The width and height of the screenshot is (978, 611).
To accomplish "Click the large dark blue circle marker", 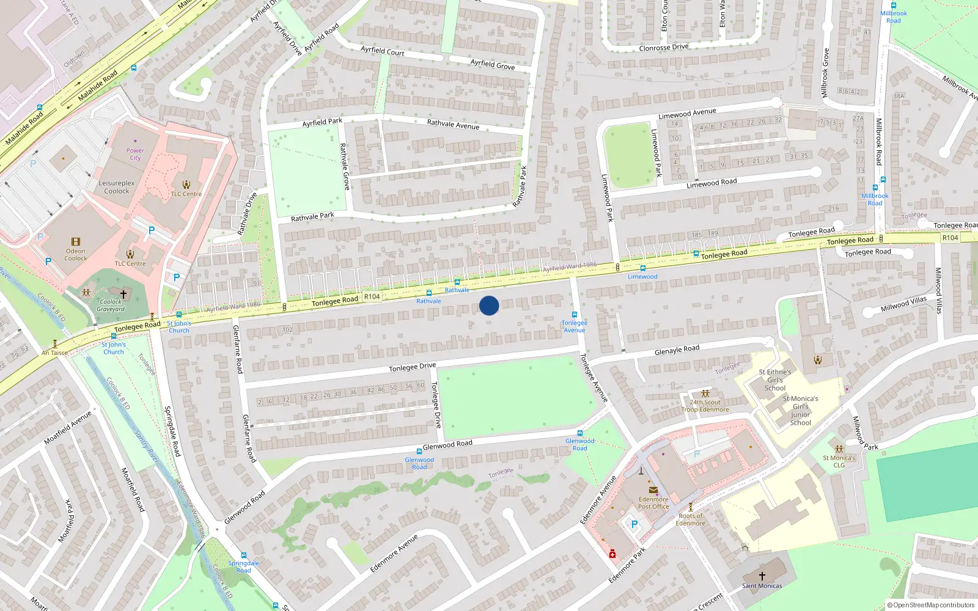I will (x=489, y=305).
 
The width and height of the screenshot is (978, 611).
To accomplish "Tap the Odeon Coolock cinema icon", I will (x=76, y=242).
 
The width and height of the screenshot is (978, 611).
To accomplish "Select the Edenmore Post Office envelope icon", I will (x=653, y=490).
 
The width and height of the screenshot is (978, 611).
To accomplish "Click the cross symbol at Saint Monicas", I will (x=762, y=576).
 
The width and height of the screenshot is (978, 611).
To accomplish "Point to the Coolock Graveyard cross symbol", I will (x=123, y=294).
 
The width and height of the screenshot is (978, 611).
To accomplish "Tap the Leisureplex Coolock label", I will (x=117, y=187).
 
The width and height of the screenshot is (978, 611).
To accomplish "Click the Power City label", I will (x=135, y=154).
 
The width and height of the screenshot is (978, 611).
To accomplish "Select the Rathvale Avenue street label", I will (x=453, y=124).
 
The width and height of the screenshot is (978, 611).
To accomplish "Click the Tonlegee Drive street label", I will (x=413, y=367).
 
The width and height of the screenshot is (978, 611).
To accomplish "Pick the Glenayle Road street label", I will (x=677, y=349).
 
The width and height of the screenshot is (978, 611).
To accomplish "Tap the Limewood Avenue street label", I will (x=687, y=114).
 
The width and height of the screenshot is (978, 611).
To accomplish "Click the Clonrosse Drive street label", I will (x=663, y=48).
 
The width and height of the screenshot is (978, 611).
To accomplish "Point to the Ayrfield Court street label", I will (x=382, y=51).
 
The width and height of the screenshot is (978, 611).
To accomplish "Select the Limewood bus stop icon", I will (x=642, y=268).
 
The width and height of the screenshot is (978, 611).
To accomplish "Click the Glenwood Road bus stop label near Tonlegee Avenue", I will (x=579, y=444).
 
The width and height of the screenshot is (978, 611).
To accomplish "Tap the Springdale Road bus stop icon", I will (x=243, y=555).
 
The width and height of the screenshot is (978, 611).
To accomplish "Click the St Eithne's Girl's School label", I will (x=774, y=379).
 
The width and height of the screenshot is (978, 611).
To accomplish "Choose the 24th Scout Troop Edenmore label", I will (x=705, y=406).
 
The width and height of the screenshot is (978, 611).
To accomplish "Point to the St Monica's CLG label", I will (x=839, y=461).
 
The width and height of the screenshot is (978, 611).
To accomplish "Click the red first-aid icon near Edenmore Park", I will (x=612, y=554).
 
